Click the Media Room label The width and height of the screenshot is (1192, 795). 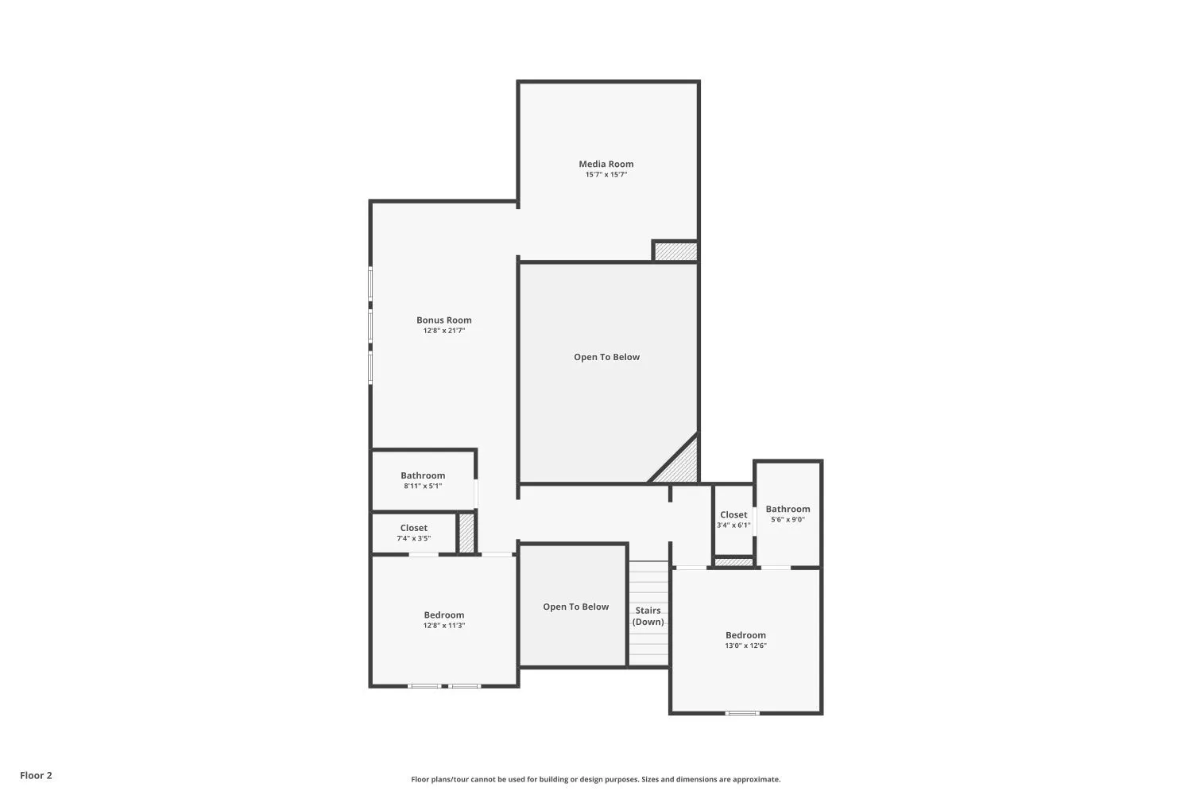click(x=606, y=164)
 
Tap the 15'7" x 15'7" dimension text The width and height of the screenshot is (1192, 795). click(x=606, y=175)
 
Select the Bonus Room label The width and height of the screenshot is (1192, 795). click(x=443, y=320)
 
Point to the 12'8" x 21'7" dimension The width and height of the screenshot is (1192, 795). click(x=443, y=331)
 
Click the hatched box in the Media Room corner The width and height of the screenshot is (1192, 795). click(x=675, y=251)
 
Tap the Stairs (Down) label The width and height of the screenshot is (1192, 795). click(x=648, y=616)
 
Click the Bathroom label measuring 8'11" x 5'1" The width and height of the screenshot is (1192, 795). click(x=423, y=475)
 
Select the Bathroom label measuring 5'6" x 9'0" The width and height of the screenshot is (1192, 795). click(x=788, y=509)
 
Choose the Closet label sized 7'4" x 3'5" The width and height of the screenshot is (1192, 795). click(x=413, y=528)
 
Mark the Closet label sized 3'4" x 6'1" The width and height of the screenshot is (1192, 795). click(x=733, y=514)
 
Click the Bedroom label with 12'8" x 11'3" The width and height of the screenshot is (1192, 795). click(x=443, y=615)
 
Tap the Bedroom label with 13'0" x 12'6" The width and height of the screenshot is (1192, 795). click(x=745, y=635)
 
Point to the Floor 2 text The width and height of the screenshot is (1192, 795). click(x=36, y=775)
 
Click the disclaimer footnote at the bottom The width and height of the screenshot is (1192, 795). click(x=595, y=780)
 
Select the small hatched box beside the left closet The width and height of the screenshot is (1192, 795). click(x=466, y=533)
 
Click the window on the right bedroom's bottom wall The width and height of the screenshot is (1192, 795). click(x=742, y=712)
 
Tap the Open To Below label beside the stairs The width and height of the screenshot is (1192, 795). click(x=575, y=607)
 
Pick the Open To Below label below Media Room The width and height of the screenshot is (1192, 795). click(x=606, y=357)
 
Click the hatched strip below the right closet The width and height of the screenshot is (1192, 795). click(x=733, y=563)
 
